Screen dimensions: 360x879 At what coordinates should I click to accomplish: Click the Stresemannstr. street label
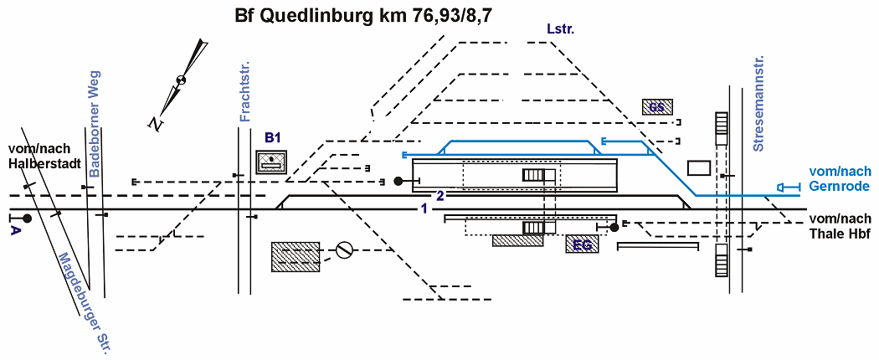[x=759, y=104]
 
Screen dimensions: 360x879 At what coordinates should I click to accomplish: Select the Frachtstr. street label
[x=245, y=91]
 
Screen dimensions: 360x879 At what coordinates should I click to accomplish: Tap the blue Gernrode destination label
[x=839, y=178]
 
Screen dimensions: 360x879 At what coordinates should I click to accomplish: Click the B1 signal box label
[x=273, y=137]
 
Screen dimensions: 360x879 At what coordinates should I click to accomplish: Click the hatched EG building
[x=583, y=245]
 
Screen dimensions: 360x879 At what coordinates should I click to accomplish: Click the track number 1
[x=424, y=208]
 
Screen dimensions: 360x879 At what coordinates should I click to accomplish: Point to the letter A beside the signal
[x=15, y=230]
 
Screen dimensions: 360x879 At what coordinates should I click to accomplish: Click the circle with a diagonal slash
[x=343, y=249]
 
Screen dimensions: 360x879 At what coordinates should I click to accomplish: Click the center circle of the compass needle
[x=180, y=80]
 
